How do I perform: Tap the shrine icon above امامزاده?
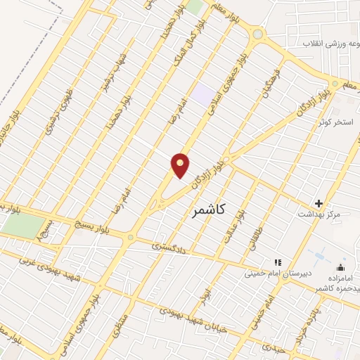(x=341, y=267)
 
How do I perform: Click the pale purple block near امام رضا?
(x=204, y=94)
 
